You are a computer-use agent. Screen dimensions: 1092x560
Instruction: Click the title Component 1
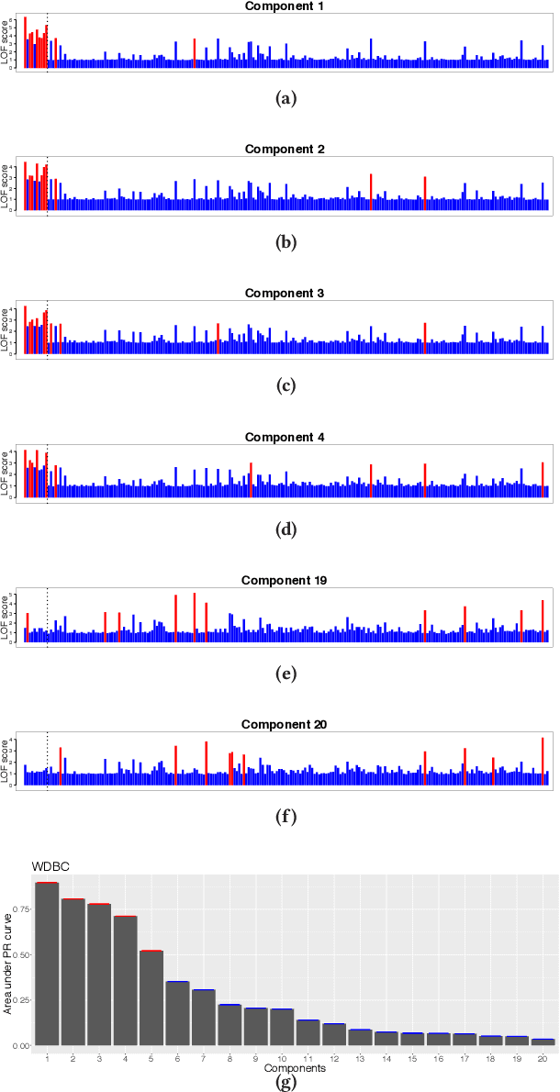point(284,6)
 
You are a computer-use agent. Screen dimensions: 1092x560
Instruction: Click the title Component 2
point(284,150)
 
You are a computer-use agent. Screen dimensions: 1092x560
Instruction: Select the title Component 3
point(284,294)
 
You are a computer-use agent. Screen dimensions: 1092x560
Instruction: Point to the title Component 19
point(284,581)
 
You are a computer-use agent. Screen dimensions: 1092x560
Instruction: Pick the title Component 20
point(284,725)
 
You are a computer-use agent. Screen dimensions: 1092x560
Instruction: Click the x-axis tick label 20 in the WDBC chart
point(543,1059)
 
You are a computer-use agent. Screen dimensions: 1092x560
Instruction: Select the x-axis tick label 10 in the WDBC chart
point(282,1059)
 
